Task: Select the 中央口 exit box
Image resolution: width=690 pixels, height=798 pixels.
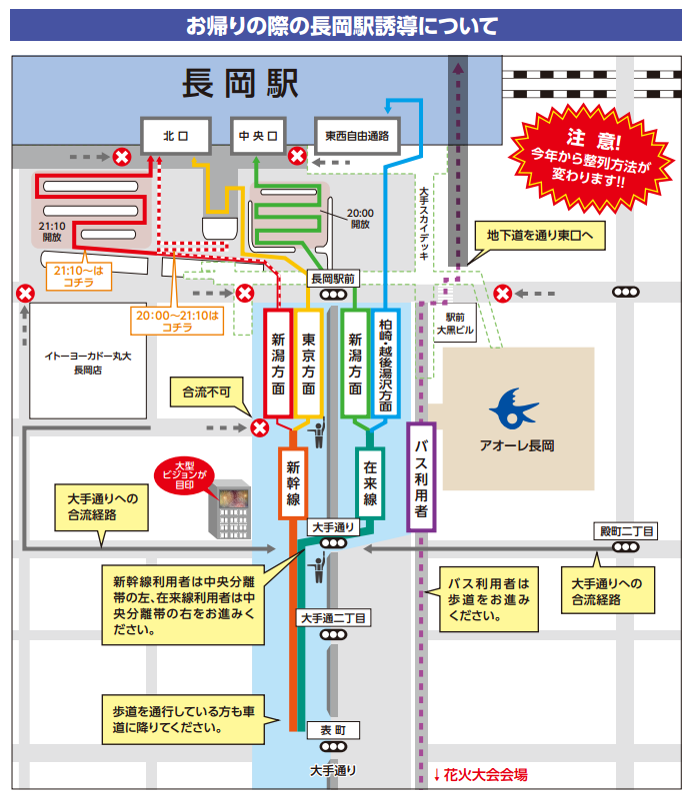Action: coord(258,133)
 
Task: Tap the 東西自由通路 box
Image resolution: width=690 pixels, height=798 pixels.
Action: coord(357,133)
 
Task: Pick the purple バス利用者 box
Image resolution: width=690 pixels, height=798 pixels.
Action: coord(422,477)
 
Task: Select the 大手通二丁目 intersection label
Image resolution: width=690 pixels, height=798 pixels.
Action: coord(333,618)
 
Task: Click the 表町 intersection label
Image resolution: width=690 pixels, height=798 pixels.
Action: coord(333,730)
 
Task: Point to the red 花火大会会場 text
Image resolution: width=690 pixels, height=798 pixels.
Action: coord(486,774)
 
